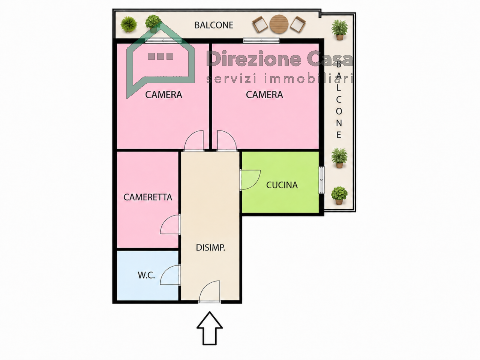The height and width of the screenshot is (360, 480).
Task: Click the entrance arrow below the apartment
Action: (210, 327)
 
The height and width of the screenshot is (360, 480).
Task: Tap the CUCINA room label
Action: (282, 185)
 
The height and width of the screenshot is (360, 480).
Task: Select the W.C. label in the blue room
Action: (146, 275)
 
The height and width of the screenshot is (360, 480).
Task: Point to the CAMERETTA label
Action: (148, 197)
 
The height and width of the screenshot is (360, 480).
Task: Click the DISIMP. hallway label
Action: (210, 247)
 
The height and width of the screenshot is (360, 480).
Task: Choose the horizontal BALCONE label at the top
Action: (214, 25)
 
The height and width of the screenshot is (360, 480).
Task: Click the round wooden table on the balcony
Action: (279, 24)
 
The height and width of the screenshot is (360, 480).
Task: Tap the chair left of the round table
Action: (260, 24)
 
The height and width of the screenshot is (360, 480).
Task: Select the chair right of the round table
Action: (298, 24)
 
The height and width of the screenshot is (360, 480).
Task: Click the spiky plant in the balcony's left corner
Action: (129, 24)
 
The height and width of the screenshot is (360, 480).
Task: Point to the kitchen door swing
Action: (250, 180)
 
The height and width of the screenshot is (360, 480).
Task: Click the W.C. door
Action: (170, 275)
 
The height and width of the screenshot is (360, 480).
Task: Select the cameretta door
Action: (170, 225)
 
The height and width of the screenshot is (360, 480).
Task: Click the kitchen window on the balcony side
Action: (321, 180)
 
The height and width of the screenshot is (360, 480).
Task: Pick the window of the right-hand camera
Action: (261, 40)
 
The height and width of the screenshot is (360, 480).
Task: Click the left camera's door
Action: (194, 141)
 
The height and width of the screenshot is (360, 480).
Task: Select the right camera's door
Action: (227, 141)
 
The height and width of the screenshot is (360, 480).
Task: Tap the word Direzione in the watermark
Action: (253, 58)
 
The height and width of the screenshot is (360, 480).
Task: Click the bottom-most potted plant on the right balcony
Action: (339, 196)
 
